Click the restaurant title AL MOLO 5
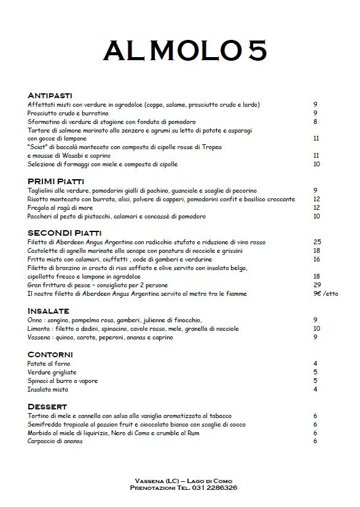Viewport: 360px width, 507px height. click(x=185, y=51)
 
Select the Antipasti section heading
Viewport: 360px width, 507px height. click(x=50, y=96)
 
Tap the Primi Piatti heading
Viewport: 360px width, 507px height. click(x=56, y=182)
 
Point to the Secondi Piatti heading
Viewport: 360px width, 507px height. click(x=65, y=233)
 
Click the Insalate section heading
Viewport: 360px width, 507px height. click(x=49, y=311)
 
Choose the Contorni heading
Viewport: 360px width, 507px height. click(x=50, y=355)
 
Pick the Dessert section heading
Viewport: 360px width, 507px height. click(x=47, y=407)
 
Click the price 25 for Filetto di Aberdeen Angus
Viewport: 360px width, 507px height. click(x=317, y=242)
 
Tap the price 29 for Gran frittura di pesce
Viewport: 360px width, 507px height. click(x=317, y=285)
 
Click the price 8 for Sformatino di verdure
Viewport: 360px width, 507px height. click(x=315, y=122)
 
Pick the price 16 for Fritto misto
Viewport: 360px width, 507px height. click(x=317, y=259)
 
